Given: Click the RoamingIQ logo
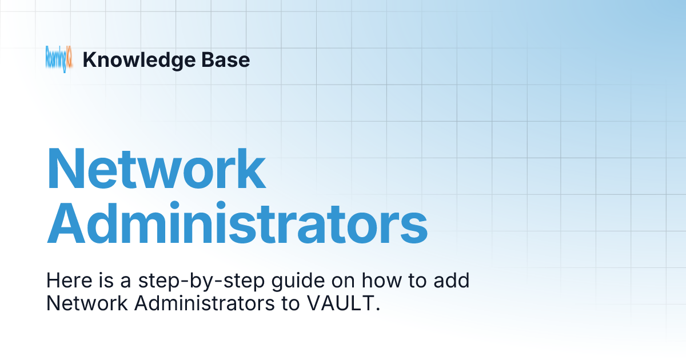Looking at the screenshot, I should click(59, 59).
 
